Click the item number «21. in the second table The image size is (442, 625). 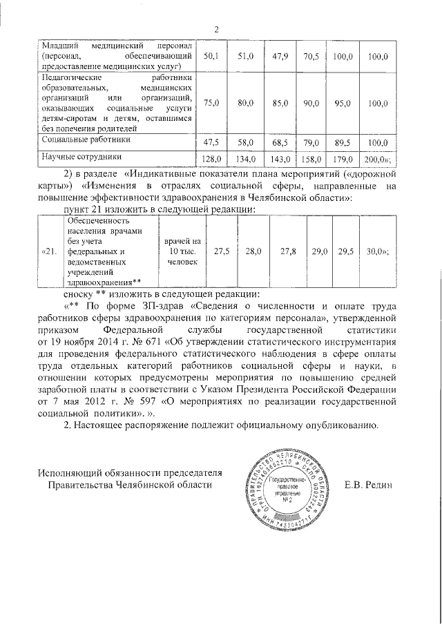(50, 252)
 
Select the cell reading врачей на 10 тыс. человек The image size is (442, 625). (182, 252)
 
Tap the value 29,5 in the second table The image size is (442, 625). (345, 252)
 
